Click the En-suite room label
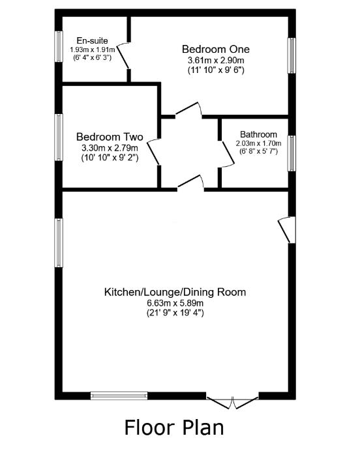click(x=92, y=40)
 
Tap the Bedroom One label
click(x=215, y=49)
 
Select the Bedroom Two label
click(x=109, y=137)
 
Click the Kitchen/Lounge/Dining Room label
click(x=175, y=292)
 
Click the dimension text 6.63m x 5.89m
click(x=175, y=303)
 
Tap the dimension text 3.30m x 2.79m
click(x=109, y=148)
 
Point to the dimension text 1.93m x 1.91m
click(x=92, y=50)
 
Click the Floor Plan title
click(x=174, y=428)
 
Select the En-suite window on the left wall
click(x=59, y=46)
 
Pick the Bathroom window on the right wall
click(x=292, y=153)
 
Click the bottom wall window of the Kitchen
click(x=119, y=394)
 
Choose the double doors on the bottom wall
click(x=233, y=400)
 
